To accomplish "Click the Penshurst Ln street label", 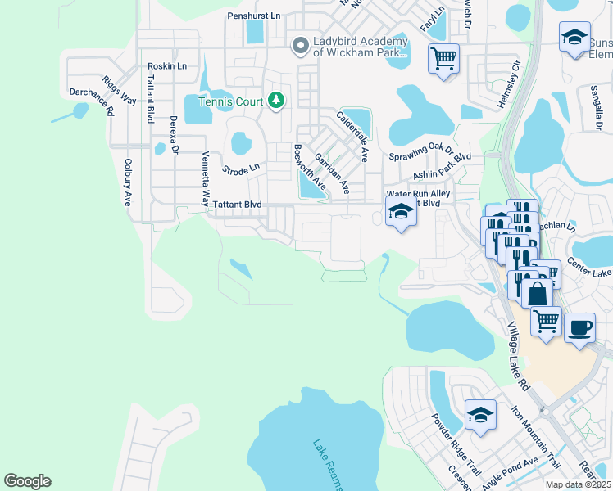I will [253, 16].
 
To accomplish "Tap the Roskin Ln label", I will [167, 66].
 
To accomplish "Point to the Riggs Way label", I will [120, 90].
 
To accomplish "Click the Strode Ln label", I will [241, 168].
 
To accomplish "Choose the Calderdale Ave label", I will [352, 135].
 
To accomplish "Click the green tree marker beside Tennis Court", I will [276, 101].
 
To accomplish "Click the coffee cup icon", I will [580, 327].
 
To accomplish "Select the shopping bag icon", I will [537, 293].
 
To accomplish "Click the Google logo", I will [27, 481].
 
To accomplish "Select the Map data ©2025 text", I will [579, 484].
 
